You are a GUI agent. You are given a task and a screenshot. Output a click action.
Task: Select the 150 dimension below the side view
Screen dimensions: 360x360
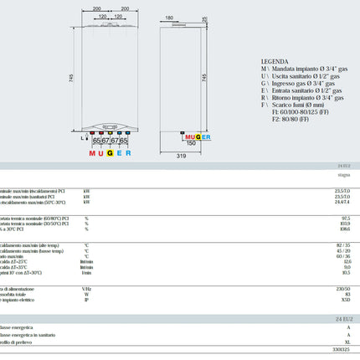coord(191,143)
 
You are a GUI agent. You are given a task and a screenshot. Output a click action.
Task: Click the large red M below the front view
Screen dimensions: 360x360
coord(94,154)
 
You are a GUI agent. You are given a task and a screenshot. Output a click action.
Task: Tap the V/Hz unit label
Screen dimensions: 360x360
coord(86,287)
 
